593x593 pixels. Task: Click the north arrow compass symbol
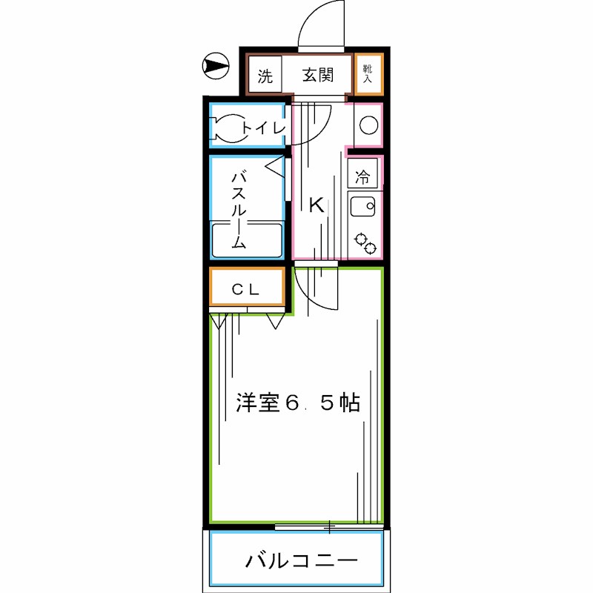point(215,67)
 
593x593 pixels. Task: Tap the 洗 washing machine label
point(265,76)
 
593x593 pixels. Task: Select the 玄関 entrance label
point(317,75)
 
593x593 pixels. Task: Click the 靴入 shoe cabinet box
point(368,73)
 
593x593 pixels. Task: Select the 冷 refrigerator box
point(363,176)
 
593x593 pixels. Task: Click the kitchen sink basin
point(363,208)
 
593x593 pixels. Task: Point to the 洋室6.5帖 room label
point(298,403)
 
